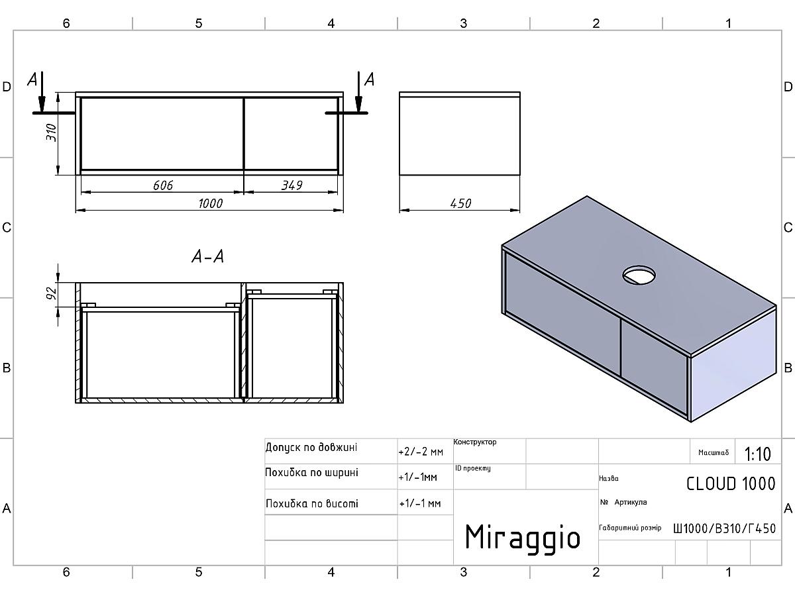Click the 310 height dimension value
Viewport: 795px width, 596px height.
point(52,133)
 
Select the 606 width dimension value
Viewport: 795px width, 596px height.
point(163,185)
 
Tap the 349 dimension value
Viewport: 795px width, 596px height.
point(292,185)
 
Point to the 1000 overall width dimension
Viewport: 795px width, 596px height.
point(210,204)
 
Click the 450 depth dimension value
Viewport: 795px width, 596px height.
point(460,204)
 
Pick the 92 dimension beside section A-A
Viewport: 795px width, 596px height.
point(52,293)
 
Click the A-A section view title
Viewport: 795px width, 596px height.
point(208,256)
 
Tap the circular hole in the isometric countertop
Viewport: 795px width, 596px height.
point(639,275)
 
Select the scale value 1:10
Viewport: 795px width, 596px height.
point(758,454)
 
